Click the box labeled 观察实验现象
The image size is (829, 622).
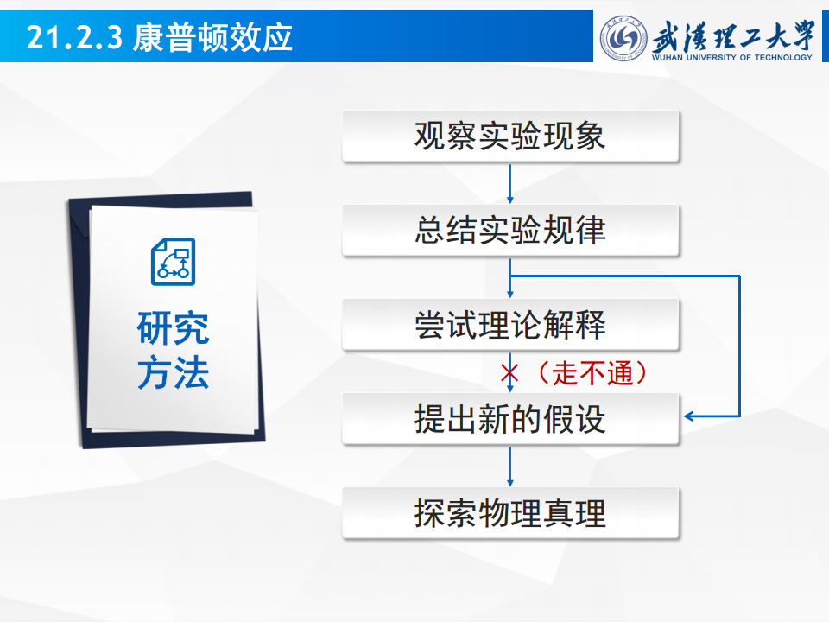tap(510, 136)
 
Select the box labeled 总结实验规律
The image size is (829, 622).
tap(510, 230)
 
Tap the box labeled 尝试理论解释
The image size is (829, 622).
tap(510, 324)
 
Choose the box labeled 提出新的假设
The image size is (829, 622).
tap(510, 419)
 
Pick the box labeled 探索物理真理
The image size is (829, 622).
tap(510, 513)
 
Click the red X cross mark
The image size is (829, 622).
tap(509, 373)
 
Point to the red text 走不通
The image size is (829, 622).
tap(592, 373)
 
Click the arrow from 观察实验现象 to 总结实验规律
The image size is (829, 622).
tap(510, 183)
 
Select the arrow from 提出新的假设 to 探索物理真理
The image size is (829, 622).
tap(510, 466)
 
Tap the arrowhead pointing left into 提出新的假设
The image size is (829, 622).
tap(688, 416)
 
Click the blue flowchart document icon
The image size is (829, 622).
tap(173, 262)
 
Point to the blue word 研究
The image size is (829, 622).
tap(173, 328)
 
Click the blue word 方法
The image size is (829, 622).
tap(173, 372)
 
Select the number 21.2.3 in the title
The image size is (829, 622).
tap(74, 38)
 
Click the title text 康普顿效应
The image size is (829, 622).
tap(212, 37)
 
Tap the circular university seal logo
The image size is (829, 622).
tap(623, 38)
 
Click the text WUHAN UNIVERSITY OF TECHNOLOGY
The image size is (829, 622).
tap(732, 57)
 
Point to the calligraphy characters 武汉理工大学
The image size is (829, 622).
tap(733, 35)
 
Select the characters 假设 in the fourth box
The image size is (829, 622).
tap(574, 419)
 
